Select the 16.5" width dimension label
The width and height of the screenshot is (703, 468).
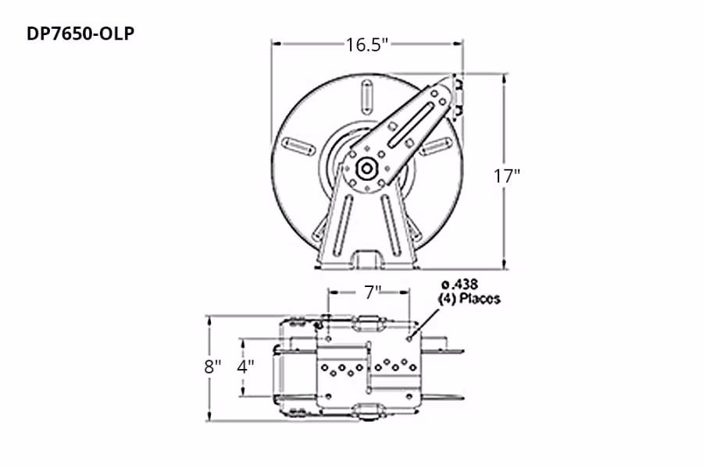(x=367, y=44)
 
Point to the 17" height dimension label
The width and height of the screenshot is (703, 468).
(x=507, y=175)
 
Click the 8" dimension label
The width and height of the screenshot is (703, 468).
(x=212, y=367)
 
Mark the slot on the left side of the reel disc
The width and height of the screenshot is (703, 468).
(x=298, y=145)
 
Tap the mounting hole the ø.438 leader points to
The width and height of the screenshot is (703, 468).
(x=409, y=339)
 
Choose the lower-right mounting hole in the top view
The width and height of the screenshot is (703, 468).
(x=409, y=395)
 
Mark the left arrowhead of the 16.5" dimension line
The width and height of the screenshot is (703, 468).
(x=275, y=44)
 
